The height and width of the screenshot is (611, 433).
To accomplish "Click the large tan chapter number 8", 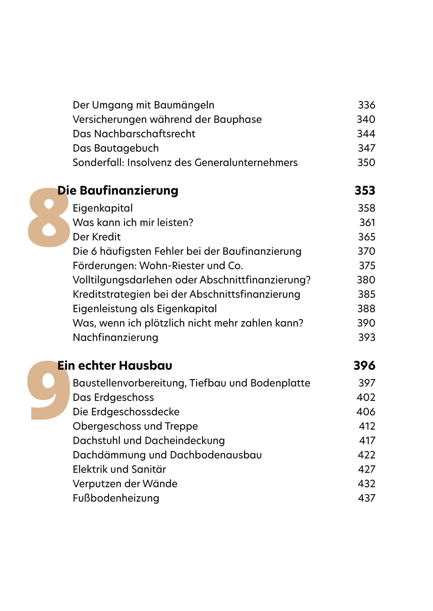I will pos(49,218).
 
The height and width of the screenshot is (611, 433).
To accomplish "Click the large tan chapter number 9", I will pos(49,391).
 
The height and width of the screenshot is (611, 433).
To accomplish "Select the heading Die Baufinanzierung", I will pos(118,190).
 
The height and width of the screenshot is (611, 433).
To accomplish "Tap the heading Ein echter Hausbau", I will pos(115,366).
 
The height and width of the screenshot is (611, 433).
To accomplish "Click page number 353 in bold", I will pos(365,190).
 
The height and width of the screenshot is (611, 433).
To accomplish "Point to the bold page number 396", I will pos(364,366).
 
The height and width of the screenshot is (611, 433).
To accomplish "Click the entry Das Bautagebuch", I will pos(116,148).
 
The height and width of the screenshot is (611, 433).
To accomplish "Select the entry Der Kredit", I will pos(97,237).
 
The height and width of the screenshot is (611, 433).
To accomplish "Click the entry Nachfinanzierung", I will pos(115,338).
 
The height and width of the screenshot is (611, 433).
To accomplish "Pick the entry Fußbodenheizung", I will pos(116,498).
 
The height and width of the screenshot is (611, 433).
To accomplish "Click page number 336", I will pos(366,105).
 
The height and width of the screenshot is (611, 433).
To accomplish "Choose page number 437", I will pos(366,498).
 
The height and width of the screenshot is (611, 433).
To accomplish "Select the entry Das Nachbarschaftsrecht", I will pos(134,134).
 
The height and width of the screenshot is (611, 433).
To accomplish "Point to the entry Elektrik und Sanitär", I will pos(119,469).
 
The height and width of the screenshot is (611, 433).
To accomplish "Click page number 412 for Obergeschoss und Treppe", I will pos(367,426).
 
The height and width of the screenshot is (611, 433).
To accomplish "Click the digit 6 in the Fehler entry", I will pos(93,252).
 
